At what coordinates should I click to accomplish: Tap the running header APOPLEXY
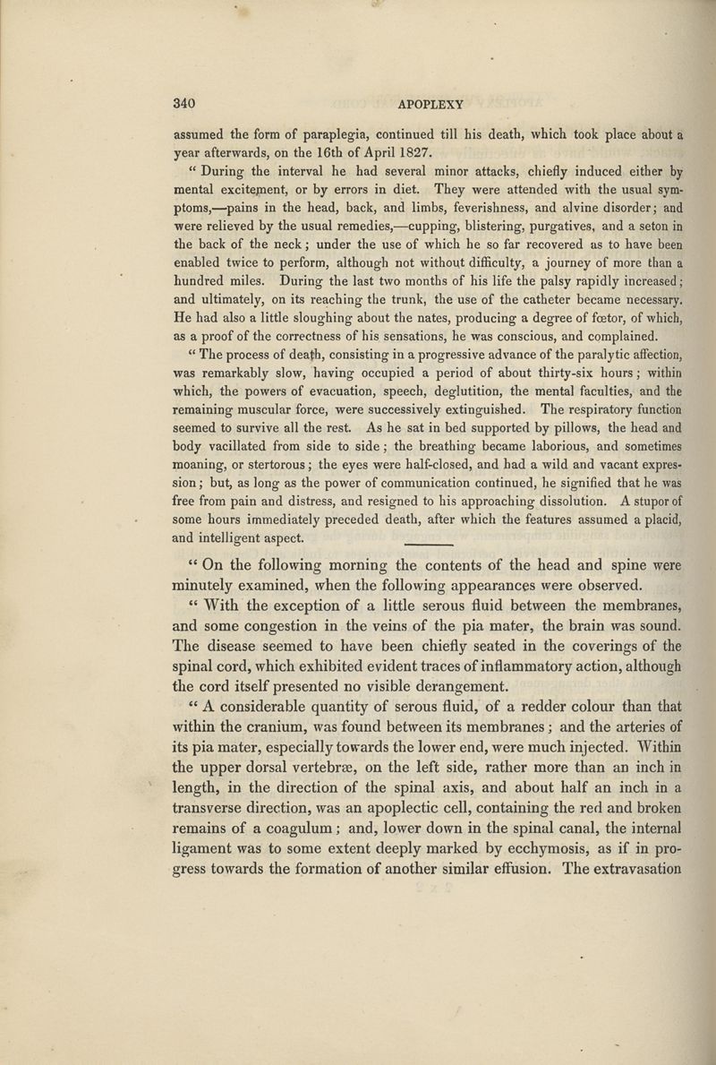point(418,103)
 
